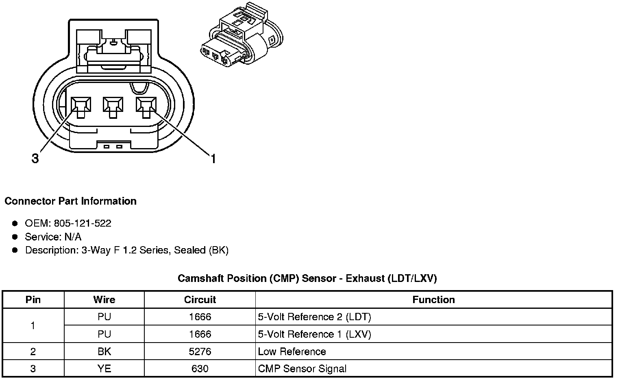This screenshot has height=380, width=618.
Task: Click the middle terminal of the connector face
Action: tap(113, 107)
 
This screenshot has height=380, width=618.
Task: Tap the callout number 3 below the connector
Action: tap(35, 158)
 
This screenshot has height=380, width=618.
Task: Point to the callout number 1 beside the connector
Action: tap(212, 158)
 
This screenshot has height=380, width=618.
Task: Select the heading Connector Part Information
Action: tap(70, 201)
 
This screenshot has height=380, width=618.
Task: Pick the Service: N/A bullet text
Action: tap(53, 237)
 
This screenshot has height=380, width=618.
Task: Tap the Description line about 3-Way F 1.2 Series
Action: tap(127, 250)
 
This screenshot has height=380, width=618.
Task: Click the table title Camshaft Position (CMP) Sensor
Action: tap(307, 278)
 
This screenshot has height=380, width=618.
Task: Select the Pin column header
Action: tap(33, 300)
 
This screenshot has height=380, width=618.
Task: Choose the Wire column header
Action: tap(104, 300)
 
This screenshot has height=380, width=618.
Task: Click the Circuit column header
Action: tap(200, 300)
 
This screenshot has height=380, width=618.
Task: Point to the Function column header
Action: tap(433, 300)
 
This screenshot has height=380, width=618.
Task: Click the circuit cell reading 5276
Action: tap(200, 352)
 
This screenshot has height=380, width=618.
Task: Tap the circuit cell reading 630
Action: tap(200, 369)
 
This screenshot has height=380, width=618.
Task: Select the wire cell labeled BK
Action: tap(104, 352)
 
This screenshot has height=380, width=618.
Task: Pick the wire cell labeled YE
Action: tap(104, 369)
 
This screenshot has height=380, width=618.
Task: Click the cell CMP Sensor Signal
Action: tap(302, 369)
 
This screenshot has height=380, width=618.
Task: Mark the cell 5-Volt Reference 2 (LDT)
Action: tap(314, 317)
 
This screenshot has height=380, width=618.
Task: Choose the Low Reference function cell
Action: tap(292, 352)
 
